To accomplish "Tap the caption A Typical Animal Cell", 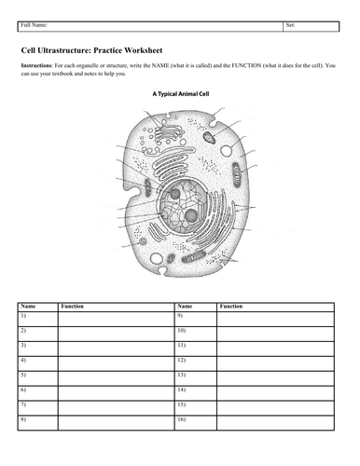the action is coord(181,94).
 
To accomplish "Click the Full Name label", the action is coord(35,25).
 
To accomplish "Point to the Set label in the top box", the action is coord(290,25).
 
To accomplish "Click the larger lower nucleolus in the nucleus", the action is coord(191,215).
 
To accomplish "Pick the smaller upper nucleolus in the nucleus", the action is coord(175,194).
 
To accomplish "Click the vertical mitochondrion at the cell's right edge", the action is coord(237,174).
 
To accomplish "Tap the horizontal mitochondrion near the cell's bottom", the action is coord(194,256).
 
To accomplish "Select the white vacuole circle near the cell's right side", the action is coord(226,151).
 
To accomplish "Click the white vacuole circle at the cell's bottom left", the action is coord(156,258).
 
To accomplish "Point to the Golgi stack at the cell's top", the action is coord(168,134).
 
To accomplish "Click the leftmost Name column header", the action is coord(28,307).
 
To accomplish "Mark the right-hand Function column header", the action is coord(231,307).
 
